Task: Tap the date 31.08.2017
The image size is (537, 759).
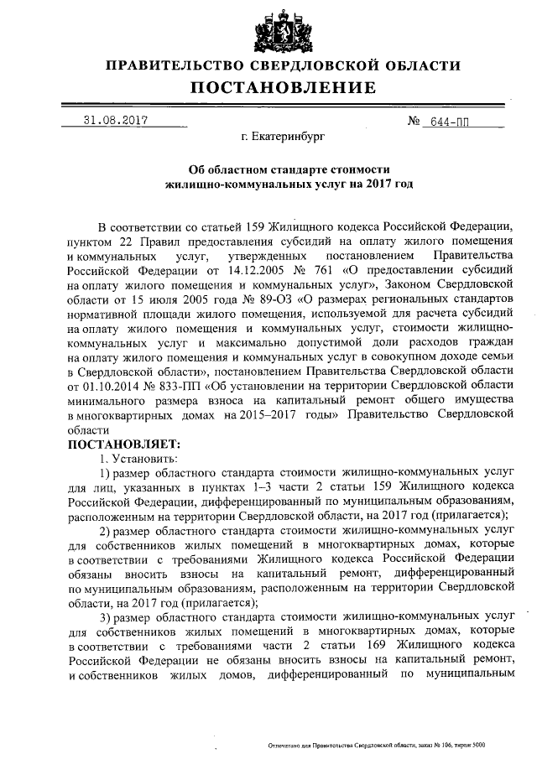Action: [116, 120]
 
